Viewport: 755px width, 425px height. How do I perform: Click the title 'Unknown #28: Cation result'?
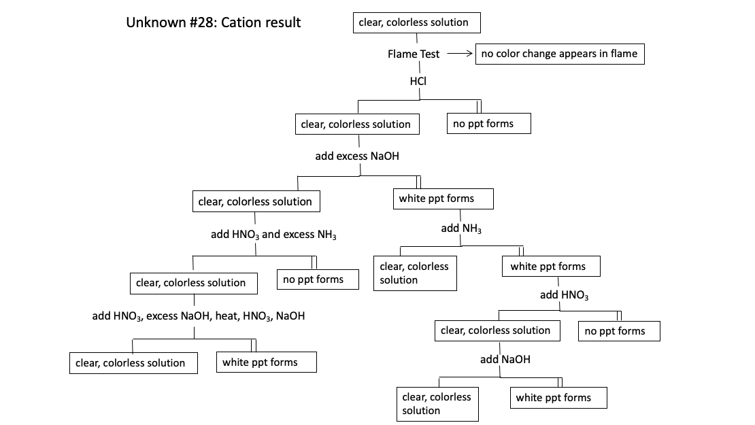pyautogui.click(x=213, y=22)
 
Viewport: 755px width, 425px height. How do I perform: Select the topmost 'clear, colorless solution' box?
pyautogui.click(x=416, y=22)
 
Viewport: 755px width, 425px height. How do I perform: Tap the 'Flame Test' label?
pyautogui.click(x=414, y=54)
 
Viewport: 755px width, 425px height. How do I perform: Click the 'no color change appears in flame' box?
pyautogui.click(x=559, y=54)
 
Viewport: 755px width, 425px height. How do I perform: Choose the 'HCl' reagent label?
pyautogui.click(x=418, y=81)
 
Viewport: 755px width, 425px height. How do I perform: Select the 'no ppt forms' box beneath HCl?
pyautogui.click(x=488, y=124)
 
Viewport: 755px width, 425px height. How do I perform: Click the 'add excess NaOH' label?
pyautogui.click(x=357, y=156)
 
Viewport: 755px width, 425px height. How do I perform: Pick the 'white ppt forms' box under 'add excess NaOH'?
pyautogui.click(x=443, y=199)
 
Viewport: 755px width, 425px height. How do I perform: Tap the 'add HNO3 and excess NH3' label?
pyautogui.click(x=273, y=235)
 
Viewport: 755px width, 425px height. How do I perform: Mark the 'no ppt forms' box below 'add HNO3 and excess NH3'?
pyautogui.click(x=318, y=279)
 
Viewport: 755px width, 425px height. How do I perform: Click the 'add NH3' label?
pyautogui.click(x=461, y=228)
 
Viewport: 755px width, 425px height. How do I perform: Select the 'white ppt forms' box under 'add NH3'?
pyautogui.click(x=551, y=267)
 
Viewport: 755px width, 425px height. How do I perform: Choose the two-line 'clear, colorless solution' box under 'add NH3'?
pyautogui.click(x=415, y=273)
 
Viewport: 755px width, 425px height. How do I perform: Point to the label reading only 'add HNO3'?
pyautogui.click(x=564, y=295)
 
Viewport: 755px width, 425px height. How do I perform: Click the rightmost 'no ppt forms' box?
pyautogui.click(x=619, y=331)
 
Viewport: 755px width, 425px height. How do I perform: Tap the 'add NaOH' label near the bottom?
pyautogui.click(x=505, y=359)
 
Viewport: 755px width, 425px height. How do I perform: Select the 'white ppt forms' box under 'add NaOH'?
pyautogui.click(x=558, y=398)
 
